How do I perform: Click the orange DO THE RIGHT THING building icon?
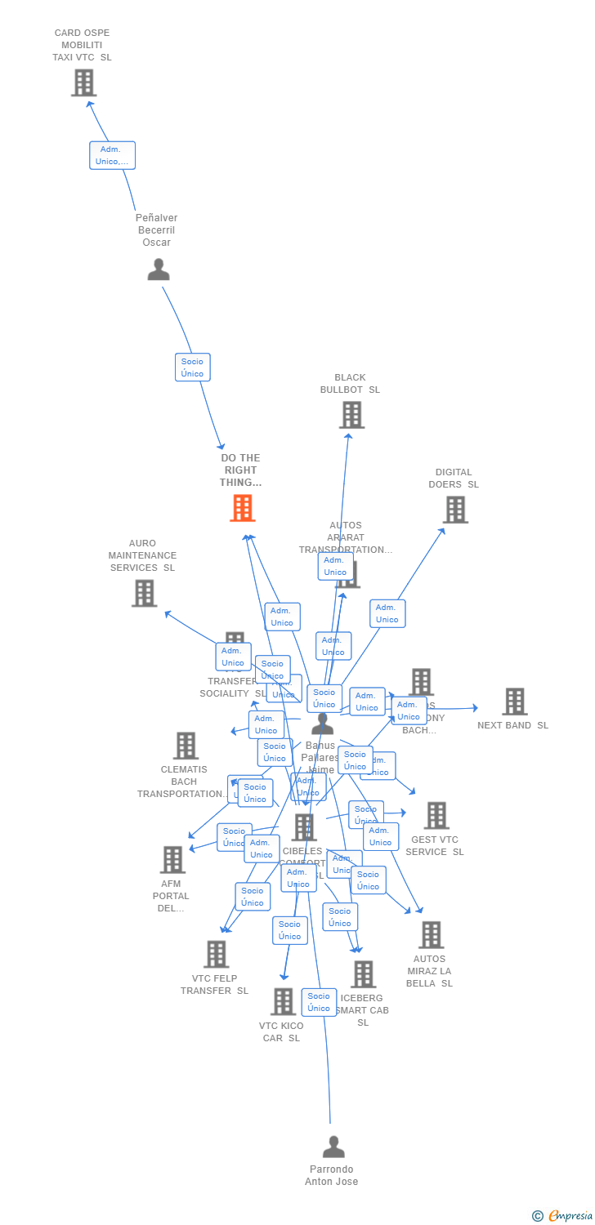click(242, 508)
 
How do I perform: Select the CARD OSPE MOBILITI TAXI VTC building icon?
click(83, 82)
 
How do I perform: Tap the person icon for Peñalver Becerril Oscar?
click(159, 269)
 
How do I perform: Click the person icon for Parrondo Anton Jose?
click(333, 1147)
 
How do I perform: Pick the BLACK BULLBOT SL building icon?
click(351, 415)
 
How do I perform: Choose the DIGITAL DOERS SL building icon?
click(455, 510)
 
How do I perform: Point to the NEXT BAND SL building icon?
click(514, 701)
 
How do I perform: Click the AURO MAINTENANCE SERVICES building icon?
click(144, 593)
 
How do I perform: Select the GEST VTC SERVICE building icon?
click(436, 815)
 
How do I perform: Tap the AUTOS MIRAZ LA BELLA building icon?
click(431, 935)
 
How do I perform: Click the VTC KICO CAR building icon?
click(283, 1001)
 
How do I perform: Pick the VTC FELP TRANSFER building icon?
click(216, 954)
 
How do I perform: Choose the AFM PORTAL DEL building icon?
click(172, 859)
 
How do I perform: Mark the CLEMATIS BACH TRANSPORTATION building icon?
click(186, 745)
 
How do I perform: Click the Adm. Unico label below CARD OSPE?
click(112, 155)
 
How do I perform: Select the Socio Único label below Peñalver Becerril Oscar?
click(193, 367)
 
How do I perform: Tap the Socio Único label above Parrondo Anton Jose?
click(319, 1002)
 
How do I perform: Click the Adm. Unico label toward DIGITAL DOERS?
click(387, 613)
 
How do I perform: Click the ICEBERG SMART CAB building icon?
click(364, 973)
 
